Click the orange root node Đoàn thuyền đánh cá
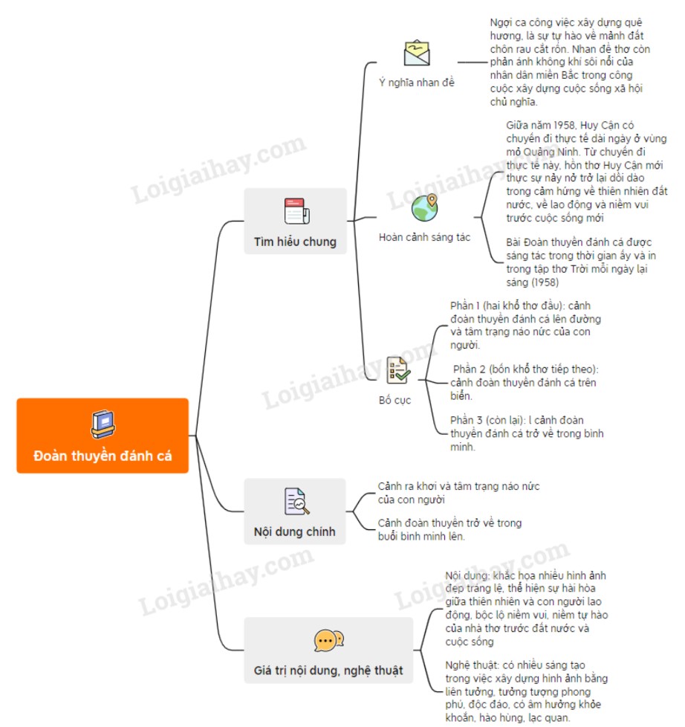tap(103, 436)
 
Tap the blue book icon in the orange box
tap(103, 424)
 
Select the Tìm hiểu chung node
tap(295, 221)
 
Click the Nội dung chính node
tap(295, 511)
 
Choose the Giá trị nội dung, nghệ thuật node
tap(328, 650)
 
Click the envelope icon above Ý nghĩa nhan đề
tap(417, 54)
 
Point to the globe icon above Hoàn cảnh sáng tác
tap(424, 208)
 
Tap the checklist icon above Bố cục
tap(397, 369)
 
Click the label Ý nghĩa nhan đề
tap(416, 83)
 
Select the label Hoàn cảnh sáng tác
tap(424, 237)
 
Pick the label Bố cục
tap(395, 400)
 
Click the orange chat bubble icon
tap(328, 640)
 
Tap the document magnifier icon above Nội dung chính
tap(296, 501)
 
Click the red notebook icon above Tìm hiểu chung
tap(296, 211)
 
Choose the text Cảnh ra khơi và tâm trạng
tap(458, 492)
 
